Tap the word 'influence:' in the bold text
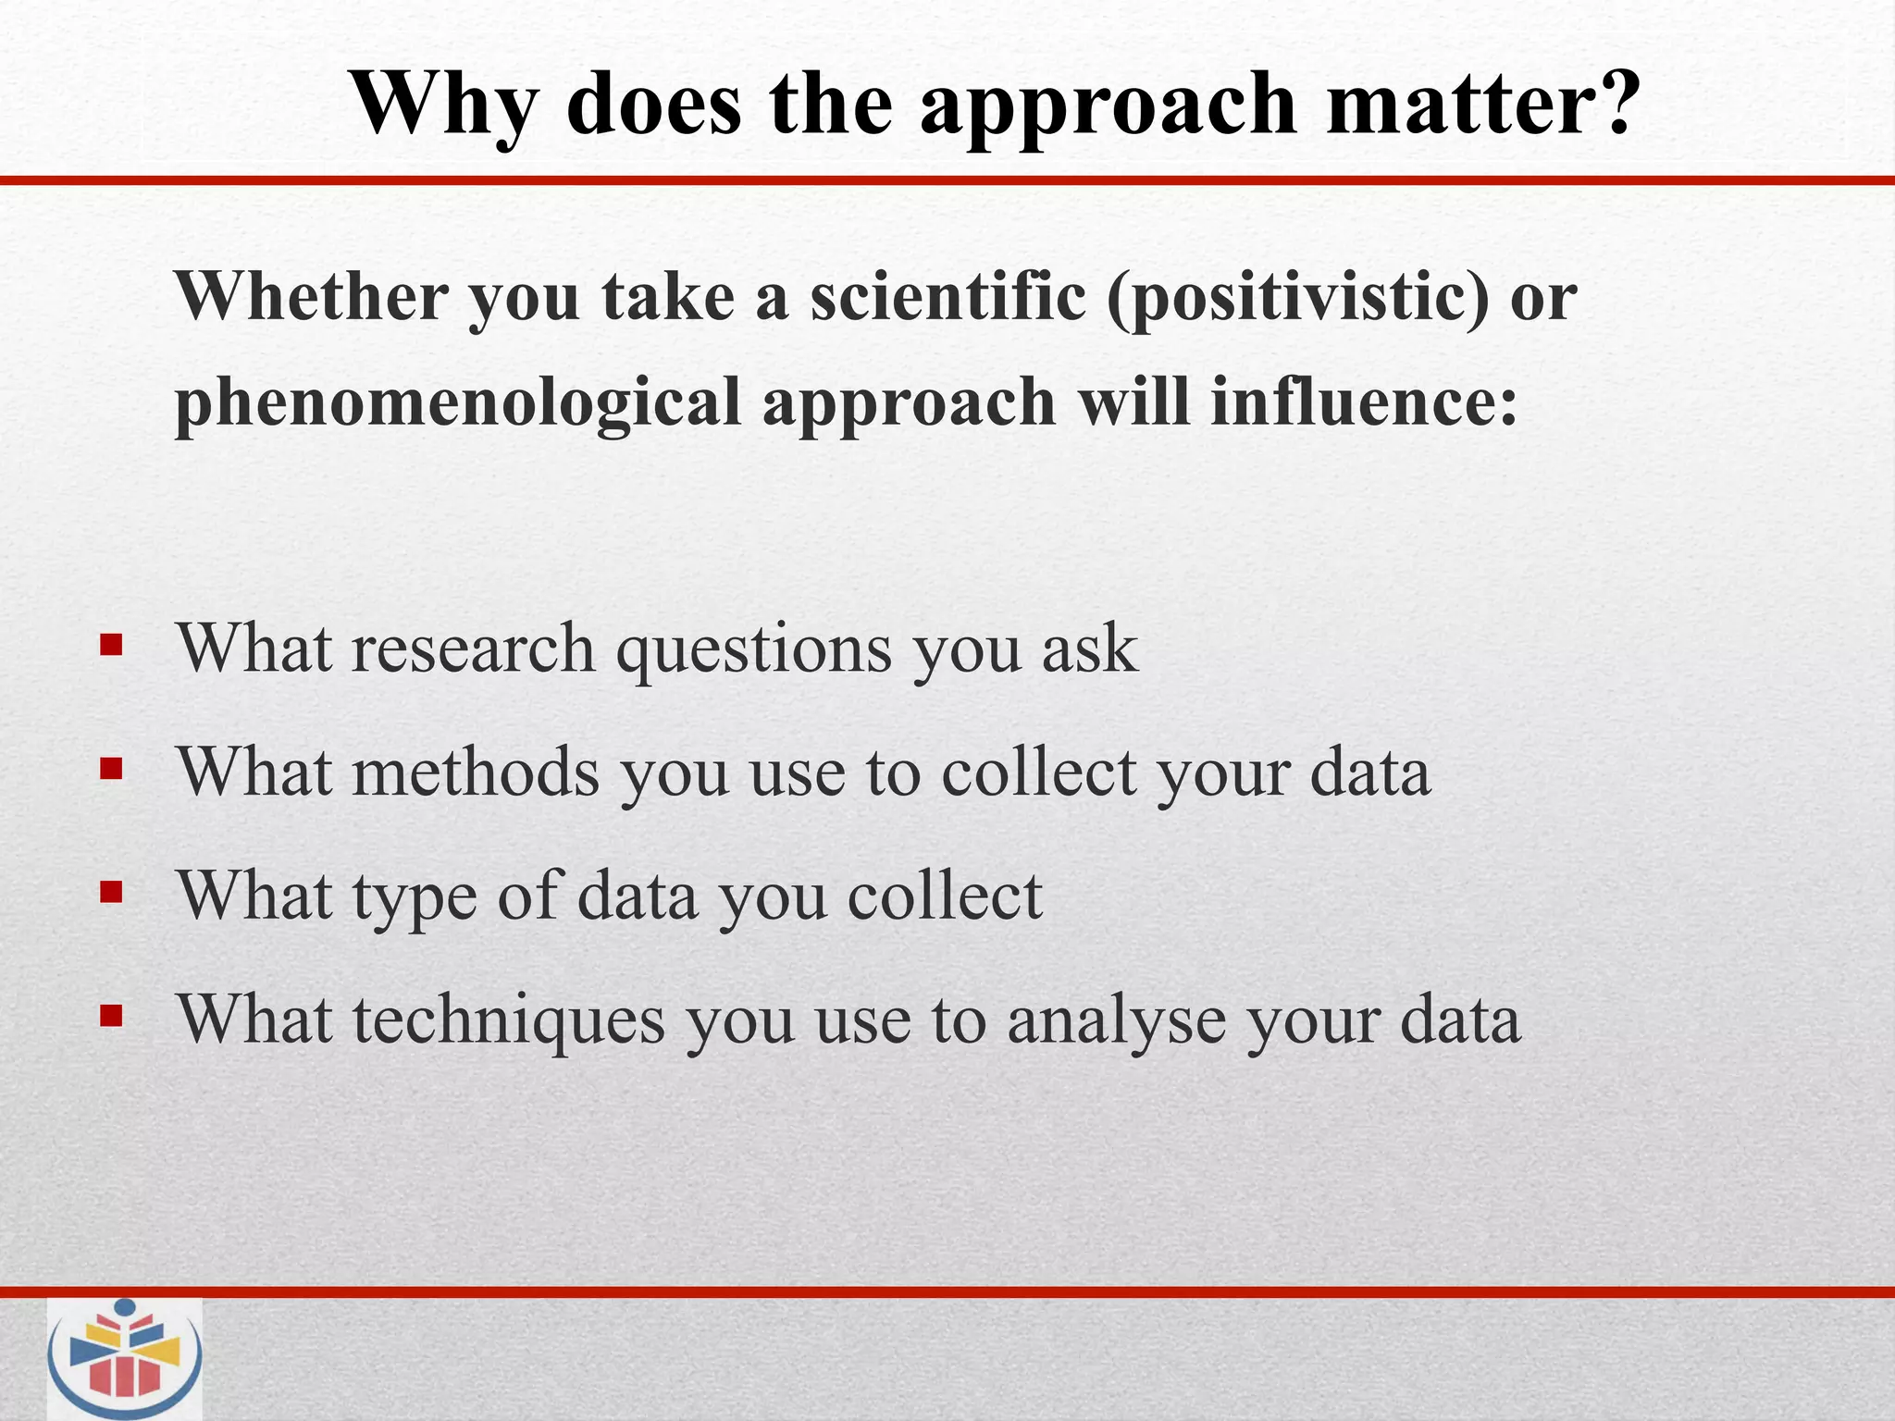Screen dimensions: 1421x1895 (x=1364, y=402)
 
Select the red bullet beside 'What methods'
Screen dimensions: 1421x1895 (x=111, y=769)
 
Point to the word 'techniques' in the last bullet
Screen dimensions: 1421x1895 (x=508, y=1021)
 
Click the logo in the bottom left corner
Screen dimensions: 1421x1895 (x=125, y=1358)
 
